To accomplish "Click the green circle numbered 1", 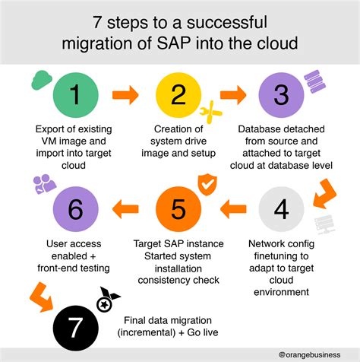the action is click(x=75, y=95).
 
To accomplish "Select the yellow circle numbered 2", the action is click(x=178, y=95).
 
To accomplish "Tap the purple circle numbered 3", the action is click(x=281, y=95).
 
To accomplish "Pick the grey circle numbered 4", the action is click(x=281, y=209).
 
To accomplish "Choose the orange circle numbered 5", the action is click(x=178, y=209).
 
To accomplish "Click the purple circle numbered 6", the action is click(x=75, y=209).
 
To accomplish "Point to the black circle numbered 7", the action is click(x=75, y=328).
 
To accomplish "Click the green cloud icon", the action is click(x=41, y=80).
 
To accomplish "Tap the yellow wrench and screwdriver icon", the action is click(x=210, y=112).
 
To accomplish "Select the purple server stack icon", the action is click(x=314, y=81).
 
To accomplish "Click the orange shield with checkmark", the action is click(x=207, y=184).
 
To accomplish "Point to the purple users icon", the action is click(x=45, y=184).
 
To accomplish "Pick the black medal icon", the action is click(x=107, y=300).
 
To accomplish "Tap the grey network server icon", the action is click(x=324, y=224).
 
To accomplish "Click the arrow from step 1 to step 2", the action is click(x=125, y=95).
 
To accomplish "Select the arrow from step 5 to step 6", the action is click(x=125, y=209).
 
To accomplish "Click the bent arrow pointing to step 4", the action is click(x=324, y=194).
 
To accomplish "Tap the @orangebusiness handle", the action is click(x=309, y=354).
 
